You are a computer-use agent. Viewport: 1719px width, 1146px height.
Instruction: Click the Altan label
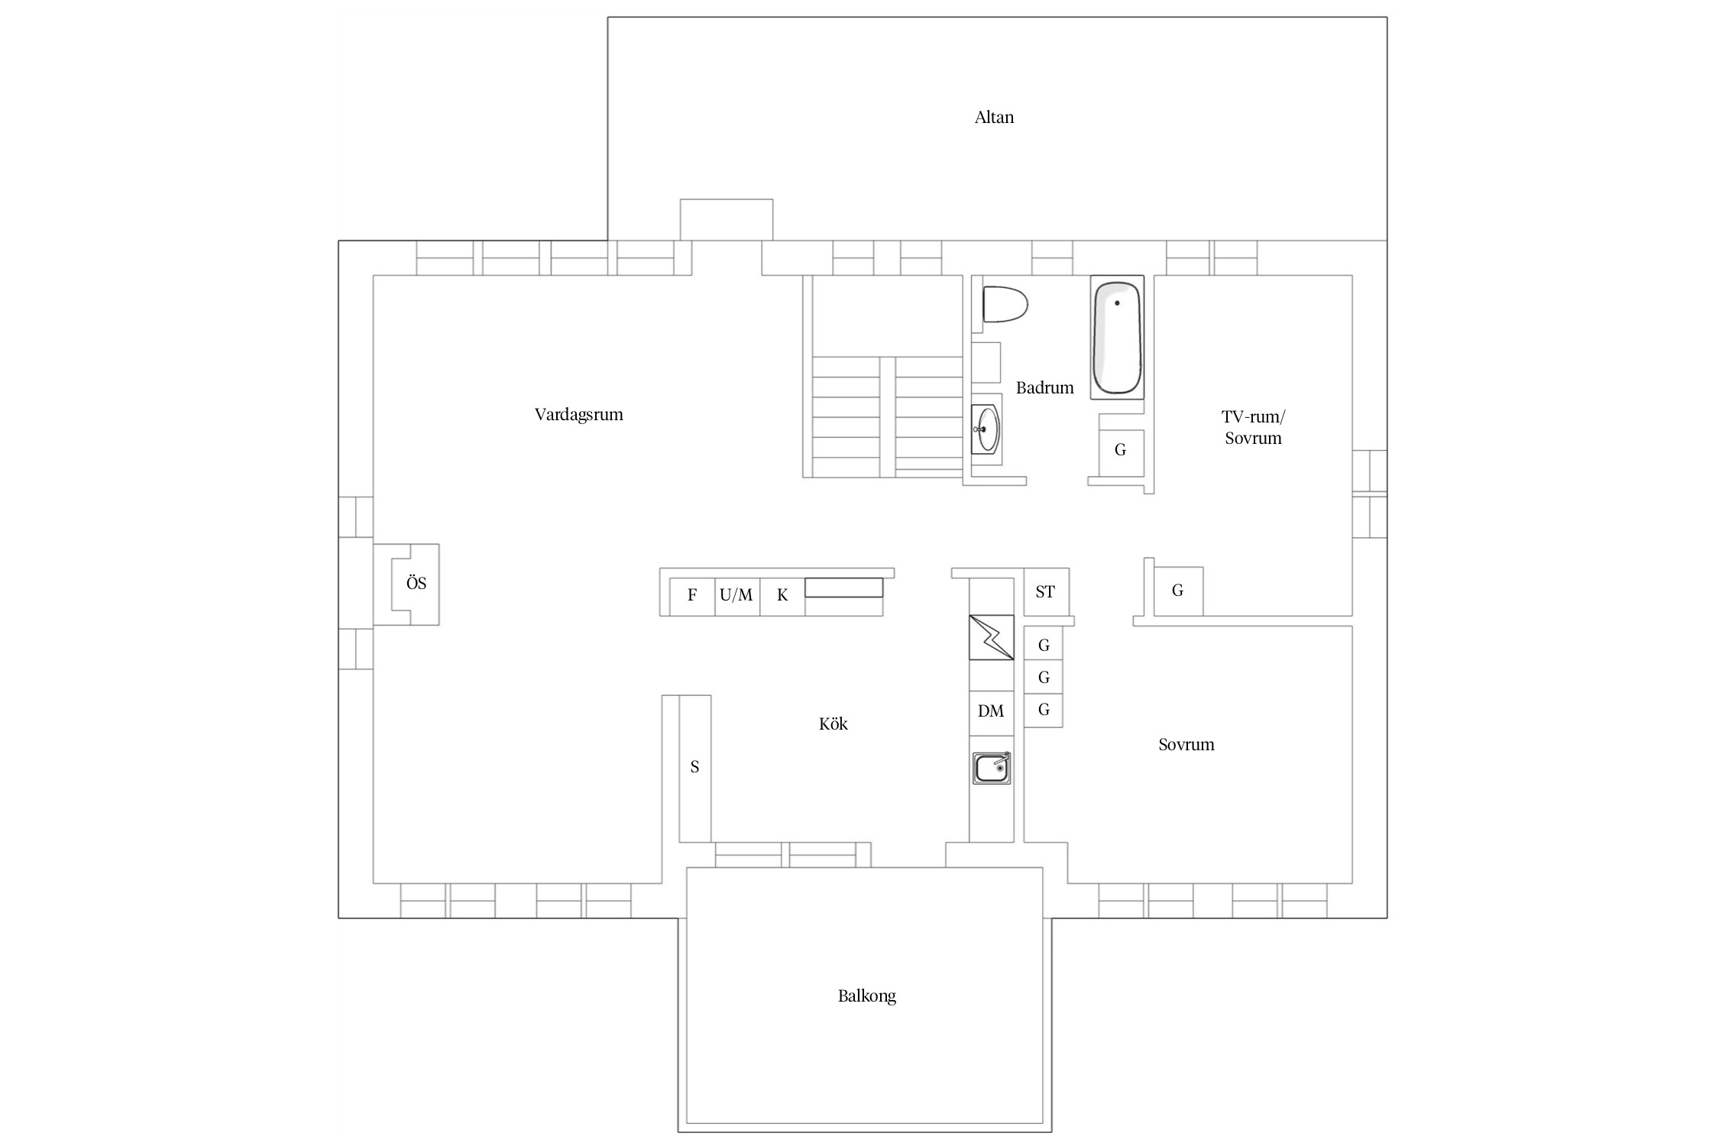994,118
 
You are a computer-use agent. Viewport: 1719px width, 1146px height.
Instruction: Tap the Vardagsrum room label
578,415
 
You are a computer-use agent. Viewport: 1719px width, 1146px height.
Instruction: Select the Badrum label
1044,388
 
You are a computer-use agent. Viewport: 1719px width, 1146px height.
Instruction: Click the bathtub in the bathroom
1117,337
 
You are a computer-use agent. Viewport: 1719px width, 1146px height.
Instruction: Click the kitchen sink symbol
992,768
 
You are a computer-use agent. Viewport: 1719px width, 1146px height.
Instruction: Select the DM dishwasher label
991,711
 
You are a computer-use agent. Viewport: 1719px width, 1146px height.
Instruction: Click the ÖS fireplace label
416,583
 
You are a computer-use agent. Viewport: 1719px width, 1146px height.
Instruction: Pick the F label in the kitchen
692,595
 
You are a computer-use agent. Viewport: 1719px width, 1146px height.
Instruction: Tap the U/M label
736,594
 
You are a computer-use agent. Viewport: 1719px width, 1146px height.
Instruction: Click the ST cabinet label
1045,592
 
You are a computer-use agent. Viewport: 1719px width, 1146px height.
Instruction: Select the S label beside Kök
694,767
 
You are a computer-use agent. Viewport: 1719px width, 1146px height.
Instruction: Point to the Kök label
833,724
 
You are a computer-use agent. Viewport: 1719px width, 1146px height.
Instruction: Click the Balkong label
866,996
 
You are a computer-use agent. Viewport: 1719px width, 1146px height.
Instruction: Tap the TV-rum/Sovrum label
1253,427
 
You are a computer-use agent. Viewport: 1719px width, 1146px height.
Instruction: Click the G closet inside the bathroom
1121,450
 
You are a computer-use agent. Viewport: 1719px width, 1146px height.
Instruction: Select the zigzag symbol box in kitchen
992,637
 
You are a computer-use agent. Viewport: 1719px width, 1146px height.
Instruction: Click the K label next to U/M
782,595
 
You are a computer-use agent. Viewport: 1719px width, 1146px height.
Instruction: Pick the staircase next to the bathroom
882,377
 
